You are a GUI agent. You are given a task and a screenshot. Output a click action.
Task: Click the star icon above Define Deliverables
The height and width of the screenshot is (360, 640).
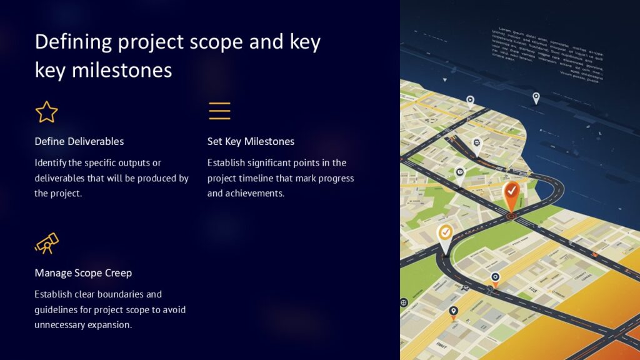point(46,112)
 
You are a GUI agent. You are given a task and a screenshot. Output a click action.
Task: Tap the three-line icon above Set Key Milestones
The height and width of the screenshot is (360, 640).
point(219,111)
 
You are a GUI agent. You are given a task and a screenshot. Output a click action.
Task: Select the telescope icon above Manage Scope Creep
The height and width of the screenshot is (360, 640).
point(46,243)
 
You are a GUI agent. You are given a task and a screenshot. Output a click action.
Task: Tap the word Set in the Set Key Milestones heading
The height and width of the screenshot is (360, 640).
point(215,141)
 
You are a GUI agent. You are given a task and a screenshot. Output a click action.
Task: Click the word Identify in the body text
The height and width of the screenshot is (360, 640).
point(50,163)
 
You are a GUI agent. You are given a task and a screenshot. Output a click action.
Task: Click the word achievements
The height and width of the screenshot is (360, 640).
point(255,194)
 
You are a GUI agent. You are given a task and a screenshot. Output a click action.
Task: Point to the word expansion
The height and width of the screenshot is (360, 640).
point(111,325)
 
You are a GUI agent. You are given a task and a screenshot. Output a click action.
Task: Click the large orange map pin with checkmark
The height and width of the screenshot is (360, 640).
point(511,195)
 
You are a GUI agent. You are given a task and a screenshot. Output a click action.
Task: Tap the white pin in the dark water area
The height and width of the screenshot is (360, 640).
point(536,97)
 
